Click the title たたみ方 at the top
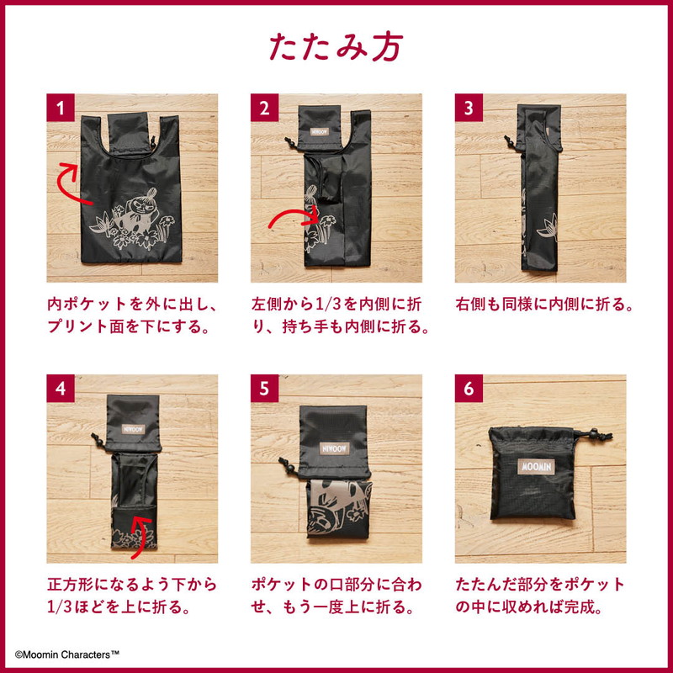coord(336,46)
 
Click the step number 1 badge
coord(61,108)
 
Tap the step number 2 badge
coord(264,108)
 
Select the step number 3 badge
coord(469,108)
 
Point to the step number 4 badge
coord(61,389)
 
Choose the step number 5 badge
coord(264,389)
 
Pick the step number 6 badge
coord(469,389)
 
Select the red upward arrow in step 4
coord(139,534)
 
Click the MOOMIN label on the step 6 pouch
coord(536,467)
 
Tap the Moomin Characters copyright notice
coord(67,654)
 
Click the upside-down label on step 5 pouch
coord(334,448)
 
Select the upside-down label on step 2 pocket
coord(320,131)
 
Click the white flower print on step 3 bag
coord(548,227)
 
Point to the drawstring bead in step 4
coord(98,441)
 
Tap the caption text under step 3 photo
coord(544,305)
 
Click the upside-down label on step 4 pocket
coord(134,429)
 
